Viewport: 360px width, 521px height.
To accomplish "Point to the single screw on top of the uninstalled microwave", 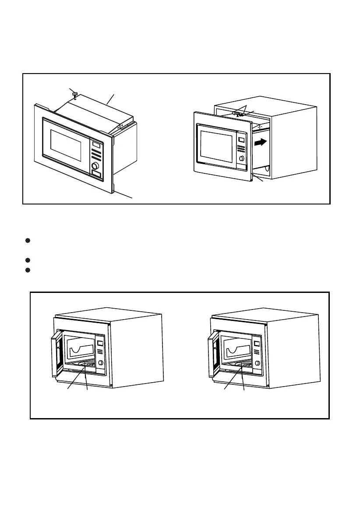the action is click(75, 95).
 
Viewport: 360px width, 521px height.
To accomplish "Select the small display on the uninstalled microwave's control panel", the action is click(96, 144).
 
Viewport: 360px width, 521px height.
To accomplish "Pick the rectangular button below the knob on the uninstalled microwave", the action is click(96, 176).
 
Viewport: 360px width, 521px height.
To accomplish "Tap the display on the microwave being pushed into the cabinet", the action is click(241, 141).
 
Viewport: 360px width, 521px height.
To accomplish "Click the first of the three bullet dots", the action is click(27, 240).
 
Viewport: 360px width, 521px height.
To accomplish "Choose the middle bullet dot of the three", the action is click(27, 260).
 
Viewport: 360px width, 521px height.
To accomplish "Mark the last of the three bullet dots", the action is click(27, 270).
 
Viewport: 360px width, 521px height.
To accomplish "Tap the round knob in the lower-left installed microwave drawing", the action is click(101, 363).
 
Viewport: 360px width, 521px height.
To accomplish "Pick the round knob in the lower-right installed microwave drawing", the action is click(258, 363).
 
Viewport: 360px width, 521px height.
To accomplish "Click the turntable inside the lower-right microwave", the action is click(241, 364).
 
